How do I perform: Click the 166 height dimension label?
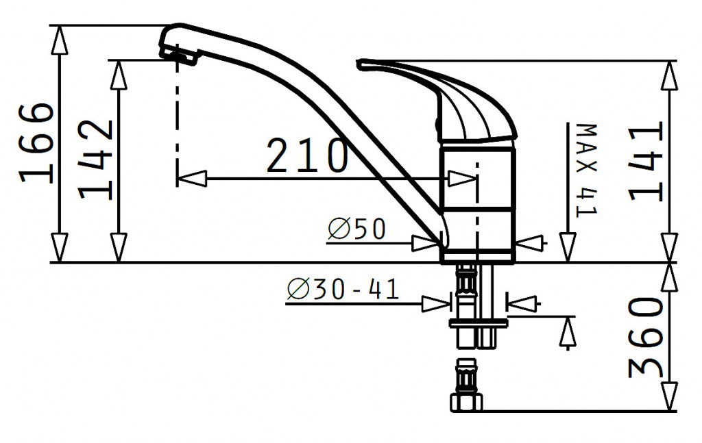click(37, 143)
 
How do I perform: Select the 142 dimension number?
click(95, 159)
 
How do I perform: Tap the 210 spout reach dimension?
click(307, 155)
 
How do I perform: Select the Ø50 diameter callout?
click(356, 229)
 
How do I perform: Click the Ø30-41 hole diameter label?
click(343, 289)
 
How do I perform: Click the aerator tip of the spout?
click(180, 56)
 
